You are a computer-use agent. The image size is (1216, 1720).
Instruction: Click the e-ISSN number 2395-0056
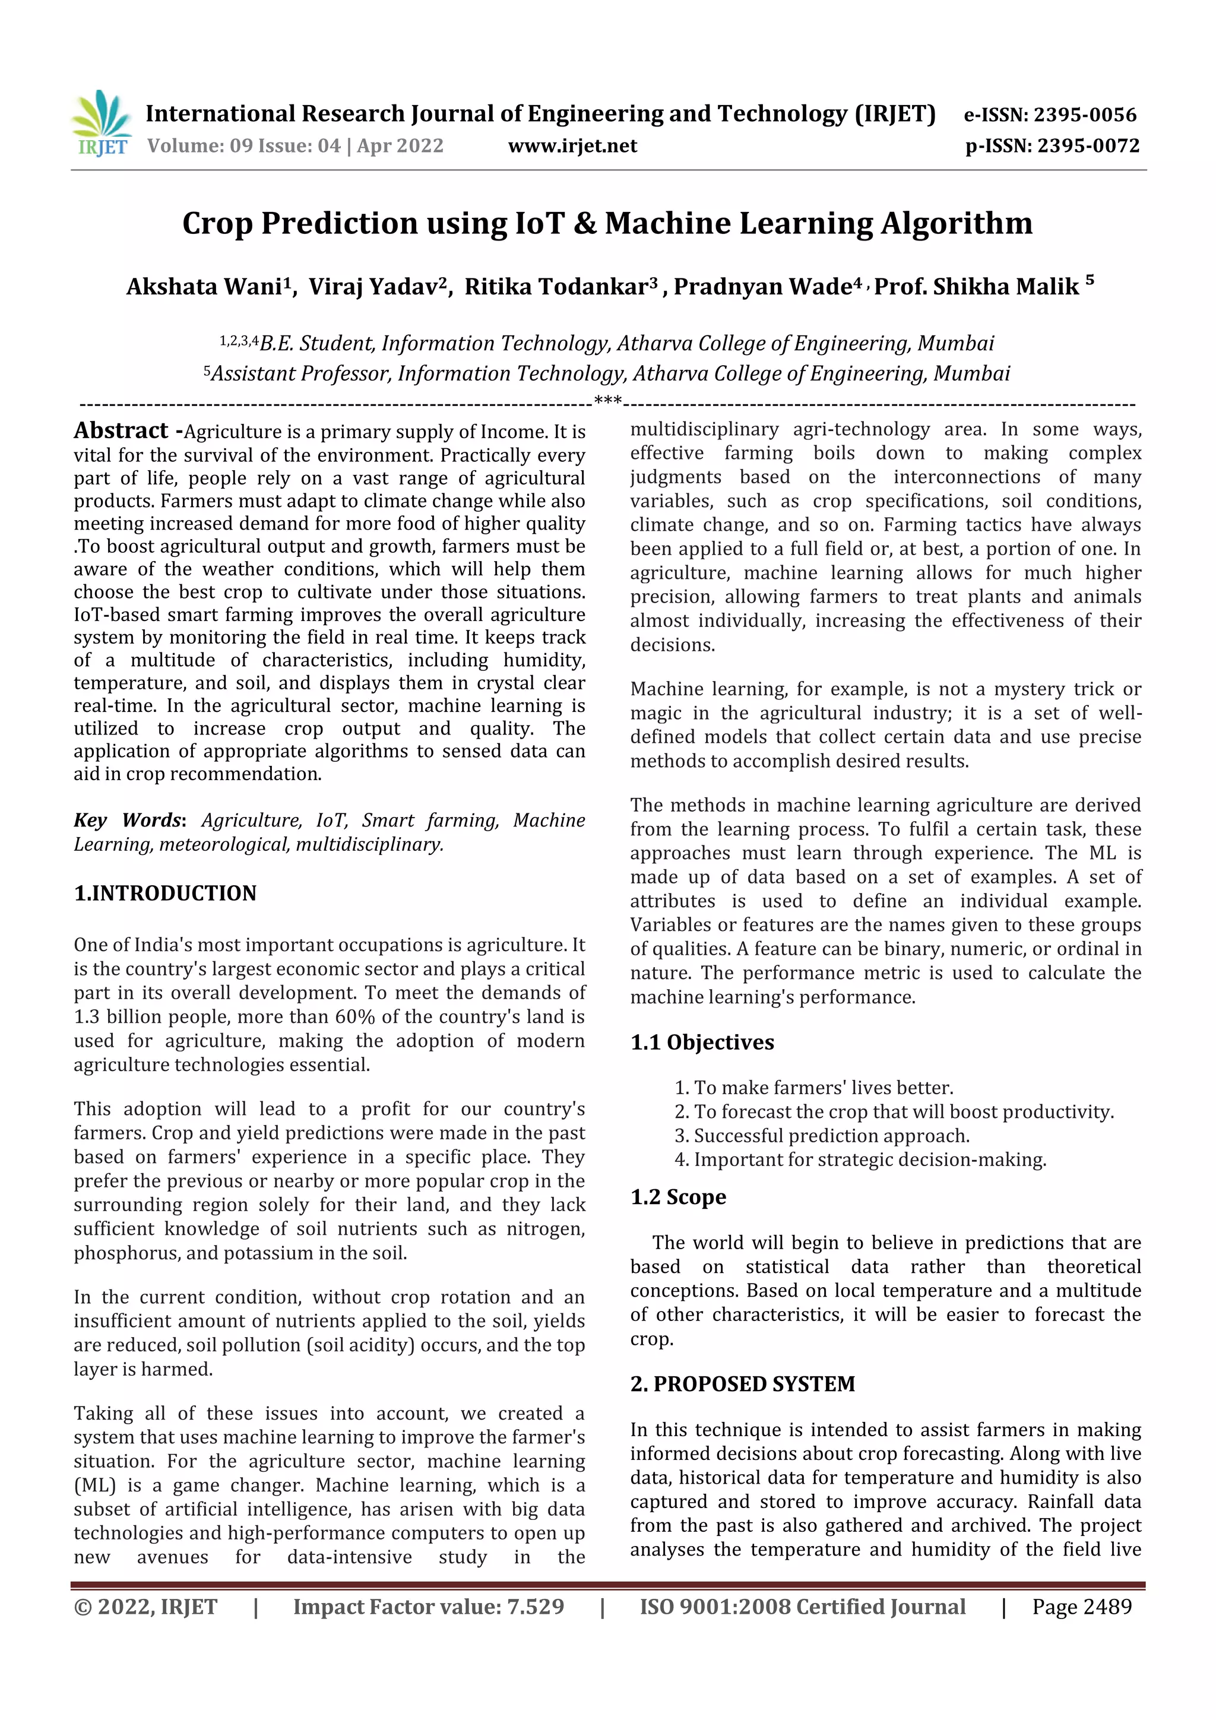pyautogui.click(x=1085, y=115)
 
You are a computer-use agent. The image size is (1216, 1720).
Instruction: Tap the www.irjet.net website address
pyautogui.click(x=572, y=145)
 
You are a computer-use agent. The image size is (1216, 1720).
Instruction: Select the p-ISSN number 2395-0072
pyautogui.click(x=1088, y=145)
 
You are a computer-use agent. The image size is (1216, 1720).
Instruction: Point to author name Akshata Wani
pyautogui.click(x=204, y=287)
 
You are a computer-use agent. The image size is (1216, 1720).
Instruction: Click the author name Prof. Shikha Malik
pyautogui.click(x=976, y=286)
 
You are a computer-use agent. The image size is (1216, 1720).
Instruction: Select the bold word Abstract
pyautogui.click(x=121, y=431)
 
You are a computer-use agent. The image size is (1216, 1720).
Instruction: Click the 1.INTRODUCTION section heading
pyautogui.click(x=165, y=893)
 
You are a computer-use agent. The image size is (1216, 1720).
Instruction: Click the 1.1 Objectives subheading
pyautogui.click(x=702, y=1042)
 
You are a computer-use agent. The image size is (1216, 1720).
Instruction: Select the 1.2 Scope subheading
pyautogui.click(x=678, y=1196)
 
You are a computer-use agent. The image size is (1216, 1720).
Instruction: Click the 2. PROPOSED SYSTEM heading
pyautogui.click(x=743, y=1383)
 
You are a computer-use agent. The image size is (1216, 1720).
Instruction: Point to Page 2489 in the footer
pyautogui.click(x=1081, y=1606)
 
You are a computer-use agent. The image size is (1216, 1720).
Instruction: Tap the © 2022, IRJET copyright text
pyautogui.click(x=145, y=1606)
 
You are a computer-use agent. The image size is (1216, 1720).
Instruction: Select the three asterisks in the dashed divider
pyautogui.click(x=607, y=401)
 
